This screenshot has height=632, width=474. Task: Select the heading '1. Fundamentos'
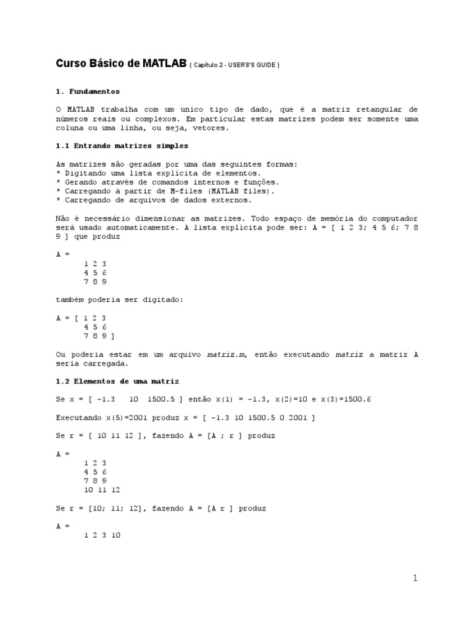pos(88,91)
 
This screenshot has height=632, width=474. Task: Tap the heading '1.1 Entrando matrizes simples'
pos(122,146)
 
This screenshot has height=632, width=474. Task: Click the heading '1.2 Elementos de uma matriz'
pos(117,381)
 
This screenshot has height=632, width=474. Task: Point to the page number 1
pos(415,578)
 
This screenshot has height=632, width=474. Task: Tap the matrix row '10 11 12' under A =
pos(102,489)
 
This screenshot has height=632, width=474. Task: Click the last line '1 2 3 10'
pos(102,536)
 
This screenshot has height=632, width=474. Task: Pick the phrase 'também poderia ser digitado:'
pos(119,299)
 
